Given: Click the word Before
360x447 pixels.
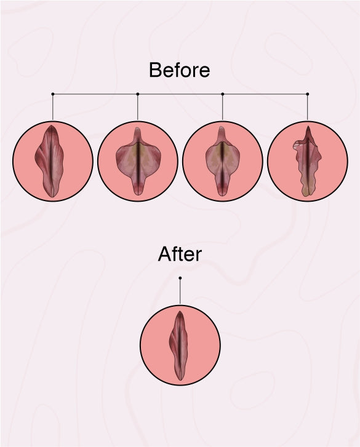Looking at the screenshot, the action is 180,70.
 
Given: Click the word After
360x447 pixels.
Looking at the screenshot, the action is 180,254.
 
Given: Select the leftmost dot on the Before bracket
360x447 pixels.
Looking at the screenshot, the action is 53,94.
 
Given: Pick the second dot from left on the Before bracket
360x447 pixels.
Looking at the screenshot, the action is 138,94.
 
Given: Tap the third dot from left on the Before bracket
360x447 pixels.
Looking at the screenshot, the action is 223,94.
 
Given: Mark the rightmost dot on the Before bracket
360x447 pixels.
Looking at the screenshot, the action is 308,94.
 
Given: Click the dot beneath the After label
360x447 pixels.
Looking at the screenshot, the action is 180,278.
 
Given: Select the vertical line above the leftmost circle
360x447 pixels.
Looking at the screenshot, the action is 53,107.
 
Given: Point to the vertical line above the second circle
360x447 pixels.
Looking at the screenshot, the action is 138,107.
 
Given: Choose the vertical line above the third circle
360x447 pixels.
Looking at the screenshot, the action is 223,107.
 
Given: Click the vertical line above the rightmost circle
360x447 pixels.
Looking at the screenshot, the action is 308,107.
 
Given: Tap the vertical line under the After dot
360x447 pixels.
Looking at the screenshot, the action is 180,291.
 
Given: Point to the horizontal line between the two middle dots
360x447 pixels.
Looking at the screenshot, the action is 180,94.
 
